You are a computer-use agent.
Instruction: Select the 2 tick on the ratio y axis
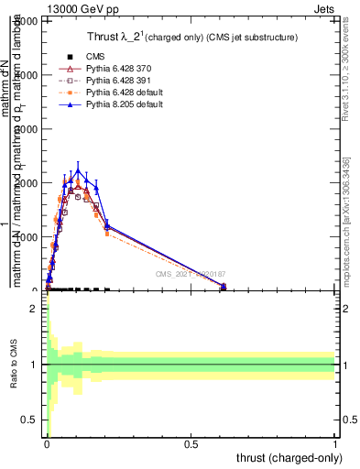click(34, 309)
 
